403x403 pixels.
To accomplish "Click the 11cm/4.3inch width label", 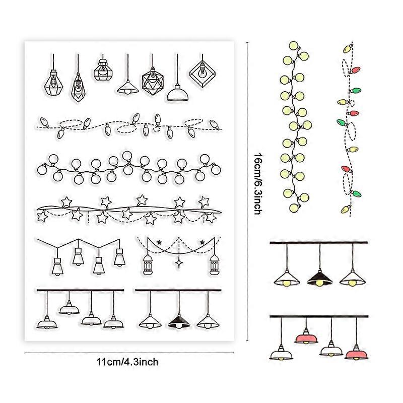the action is (x=127, y=362).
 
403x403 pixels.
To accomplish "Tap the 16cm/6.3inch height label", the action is (x=258, y=184).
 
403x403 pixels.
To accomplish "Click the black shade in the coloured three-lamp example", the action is (x=319, y=278).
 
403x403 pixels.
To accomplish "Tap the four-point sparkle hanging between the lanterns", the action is (x=179, y=263).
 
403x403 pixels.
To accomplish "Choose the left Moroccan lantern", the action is (x=148, y=265).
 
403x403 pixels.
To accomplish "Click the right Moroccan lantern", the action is (x=215, y=265).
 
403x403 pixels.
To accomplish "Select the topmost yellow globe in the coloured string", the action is (x=294, y=46).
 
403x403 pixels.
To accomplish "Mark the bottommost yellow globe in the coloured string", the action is (x=295, y=208).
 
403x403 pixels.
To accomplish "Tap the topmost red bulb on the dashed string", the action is (x=356, y=70).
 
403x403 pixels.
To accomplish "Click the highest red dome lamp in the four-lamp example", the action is (x=306, y=338).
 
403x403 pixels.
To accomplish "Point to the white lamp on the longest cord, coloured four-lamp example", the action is (x=281, y=354).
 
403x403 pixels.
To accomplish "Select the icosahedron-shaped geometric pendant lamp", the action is (x=153, y=81).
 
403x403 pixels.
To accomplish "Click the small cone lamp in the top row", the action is (x=128, y=88).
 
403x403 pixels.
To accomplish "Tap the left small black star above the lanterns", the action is (x=159, y=242).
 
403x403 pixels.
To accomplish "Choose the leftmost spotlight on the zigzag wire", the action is (x=57, y=266).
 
